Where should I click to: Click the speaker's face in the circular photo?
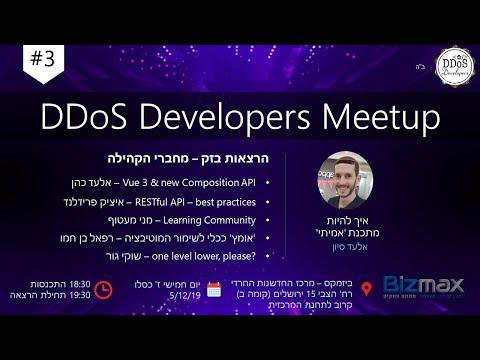(344, 184)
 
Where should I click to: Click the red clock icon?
(105, 290)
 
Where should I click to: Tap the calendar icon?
(213, 290)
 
